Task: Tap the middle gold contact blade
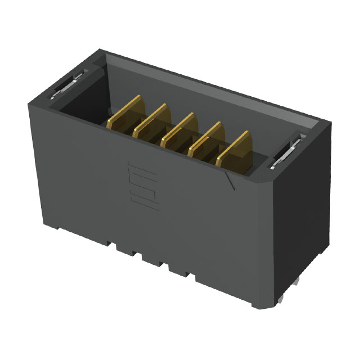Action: coord(178,129)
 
